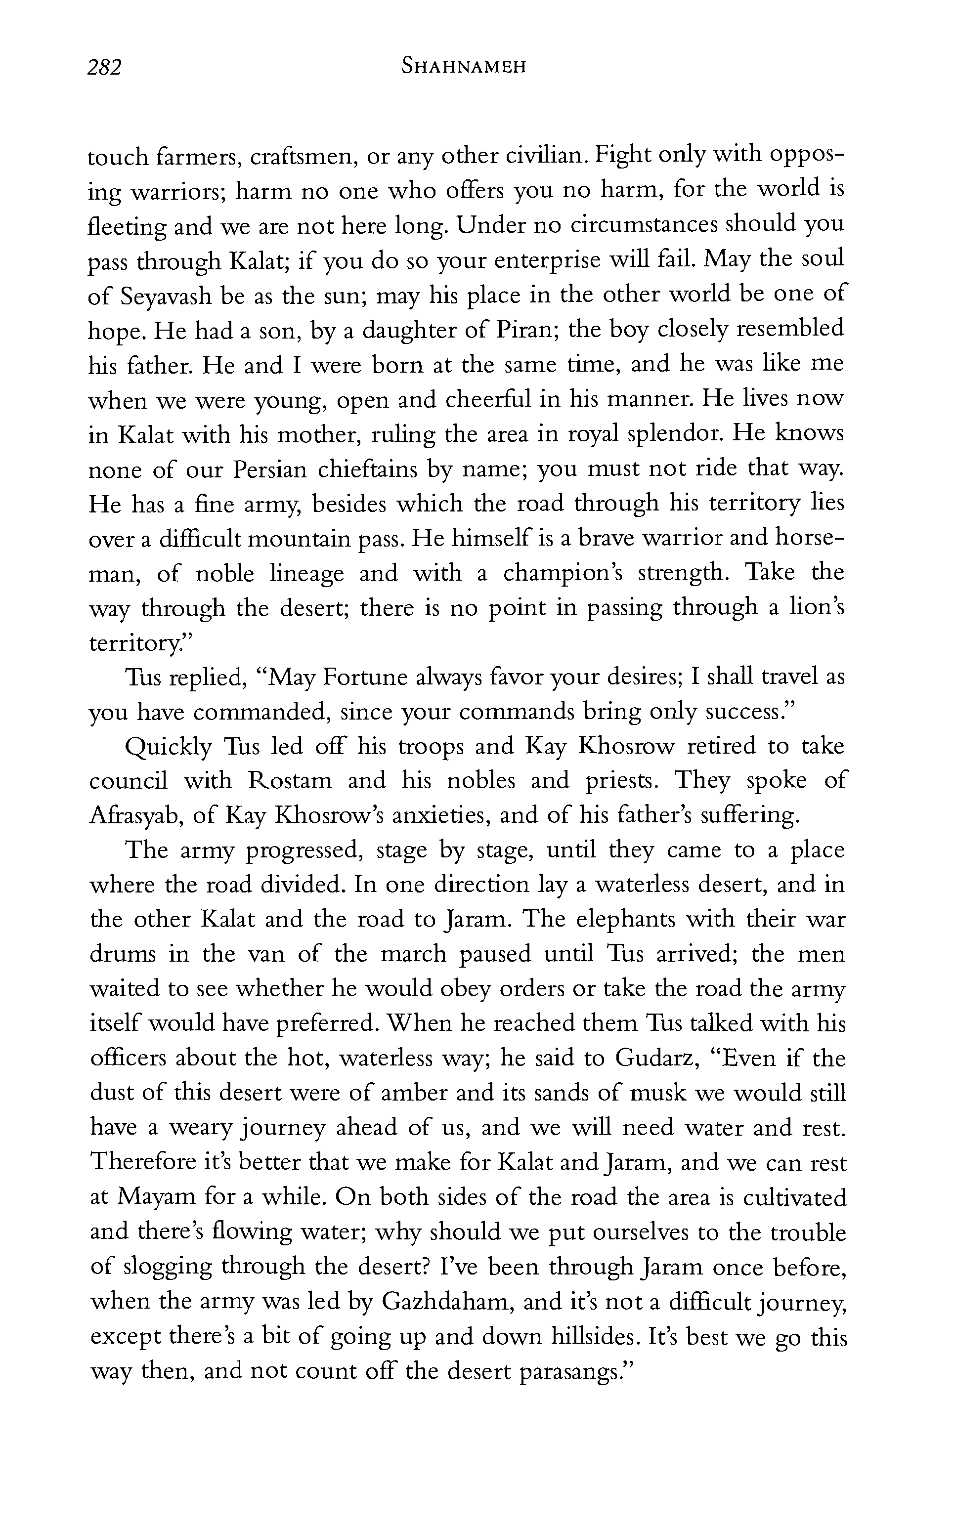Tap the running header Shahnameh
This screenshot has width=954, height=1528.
(x=464, y=66)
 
